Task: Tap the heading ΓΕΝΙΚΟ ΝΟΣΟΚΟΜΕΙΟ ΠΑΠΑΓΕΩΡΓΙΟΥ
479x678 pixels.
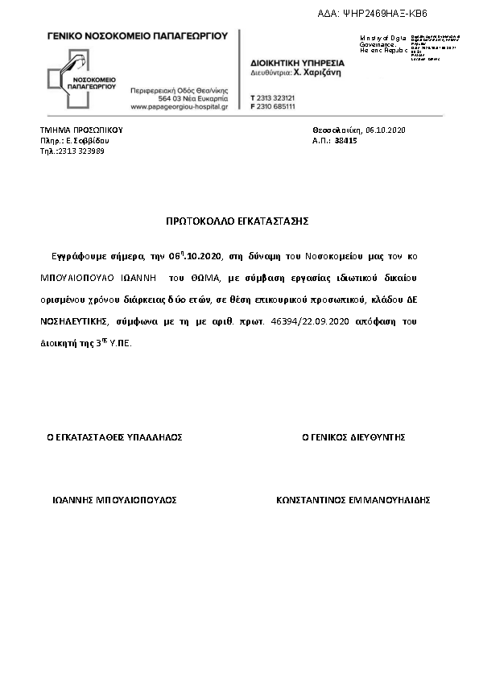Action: pyautogui.click(x=138, y=36)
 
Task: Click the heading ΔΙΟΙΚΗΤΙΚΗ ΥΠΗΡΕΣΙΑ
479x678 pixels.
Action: pyautogui.click(x=297, y=62)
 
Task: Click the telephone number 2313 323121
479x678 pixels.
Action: pyautogui.click(x=276, y=97)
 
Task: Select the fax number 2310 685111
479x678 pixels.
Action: pyautogui.click(x=276, y=105)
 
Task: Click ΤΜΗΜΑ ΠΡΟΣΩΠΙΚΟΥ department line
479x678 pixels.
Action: pyautogui.click(x=81, y=129)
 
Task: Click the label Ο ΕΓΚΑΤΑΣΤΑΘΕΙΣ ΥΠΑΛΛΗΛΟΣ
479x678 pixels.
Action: pyautogui.click(x=114, y=437)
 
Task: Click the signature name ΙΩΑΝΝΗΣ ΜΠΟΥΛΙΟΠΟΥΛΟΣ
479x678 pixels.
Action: pyautogui.click(x=114, y=500)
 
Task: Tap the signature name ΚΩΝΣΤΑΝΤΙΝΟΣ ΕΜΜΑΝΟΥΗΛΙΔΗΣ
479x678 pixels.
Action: pyautogui.click(x=353, y=500)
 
